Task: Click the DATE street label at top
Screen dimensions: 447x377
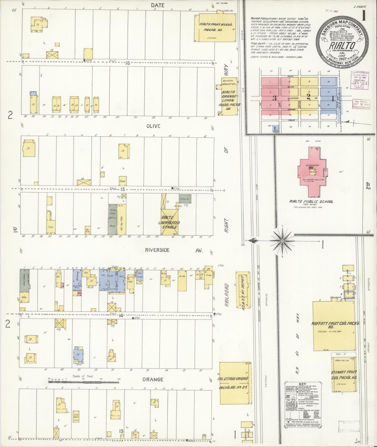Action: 157,5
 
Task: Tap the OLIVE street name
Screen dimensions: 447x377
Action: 153,126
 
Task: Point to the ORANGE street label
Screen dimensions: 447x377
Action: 153,379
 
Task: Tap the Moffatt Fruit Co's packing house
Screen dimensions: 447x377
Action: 334,326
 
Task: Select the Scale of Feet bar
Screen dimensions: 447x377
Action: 83,382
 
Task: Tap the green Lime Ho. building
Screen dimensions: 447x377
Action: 185,199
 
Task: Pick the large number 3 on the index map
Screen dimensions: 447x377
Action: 274,98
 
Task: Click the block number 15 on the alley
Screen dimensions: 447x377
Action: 123,189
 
